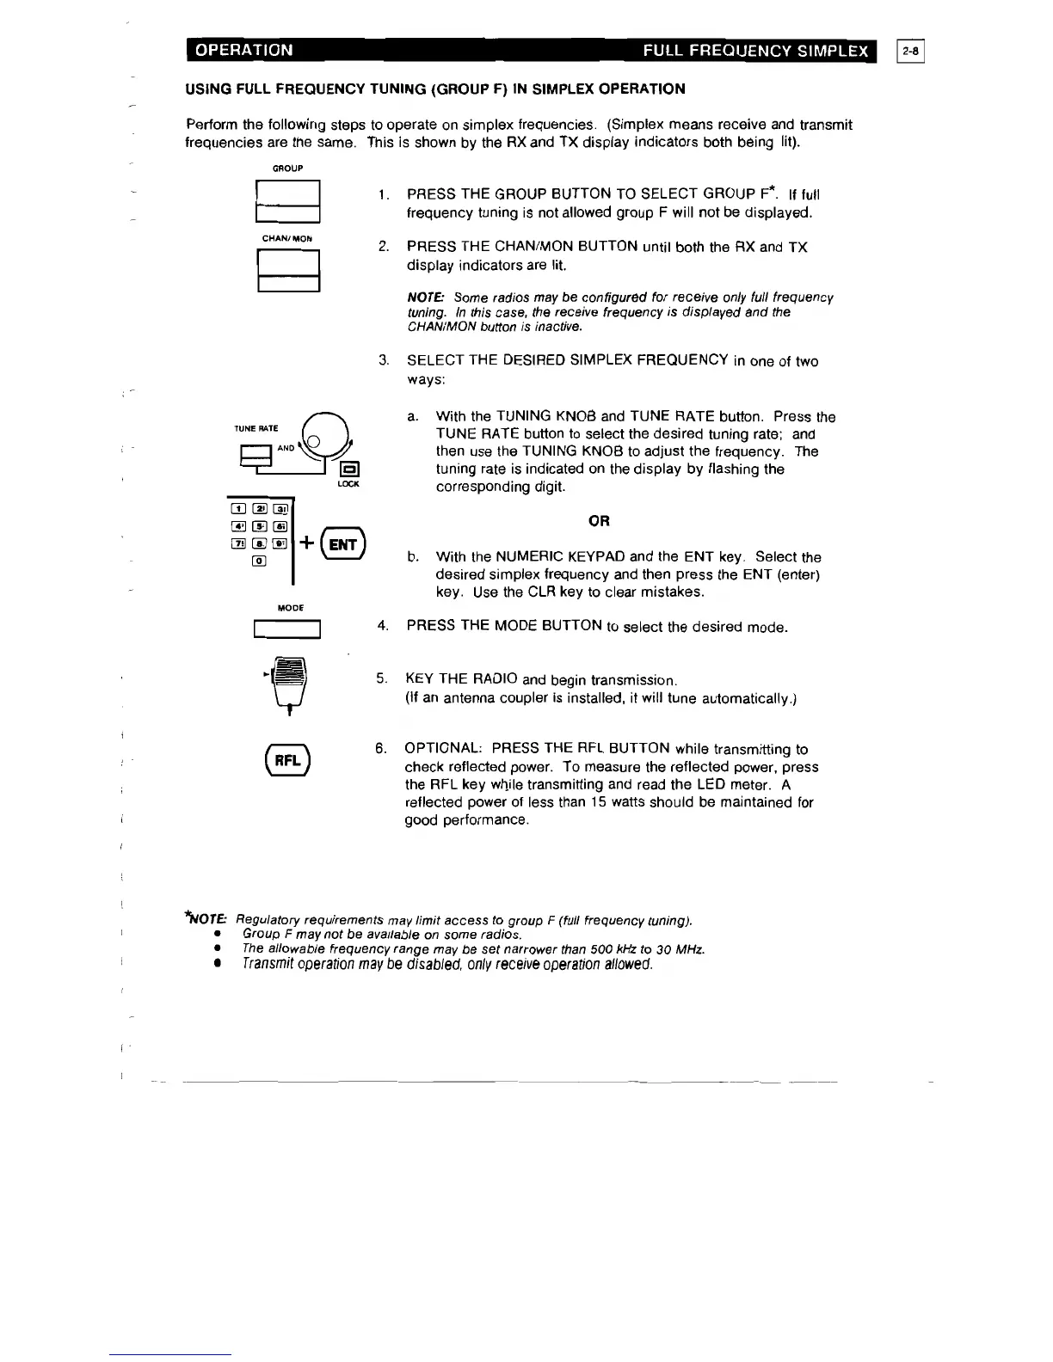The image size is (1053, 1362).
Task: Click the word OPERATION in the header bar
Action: (x=244, y=50)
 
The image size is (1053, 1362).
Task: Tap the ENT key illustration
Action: (x=343, y=544)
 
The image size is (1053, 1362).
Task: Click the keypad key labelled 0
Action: (x=258, y=561)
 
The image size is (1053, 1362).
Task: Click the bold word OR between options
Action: (x=599, y=521)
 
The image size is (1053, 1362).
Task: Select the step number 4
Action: (x=382, y=625)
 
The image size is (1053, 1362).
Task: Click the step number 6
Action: (x=380, y=748)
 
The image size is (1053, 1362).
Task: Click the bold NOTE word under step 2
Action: (x=425, y=298)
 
